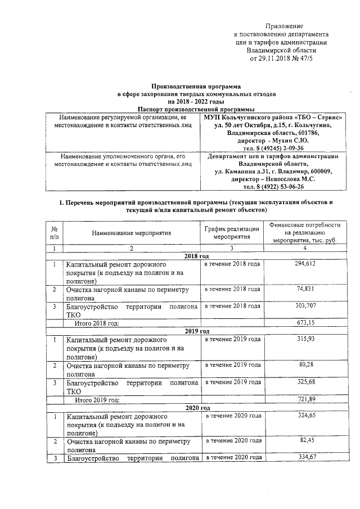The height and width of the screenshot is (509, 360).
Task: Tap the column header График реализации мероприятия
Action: tap(232, 232)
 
